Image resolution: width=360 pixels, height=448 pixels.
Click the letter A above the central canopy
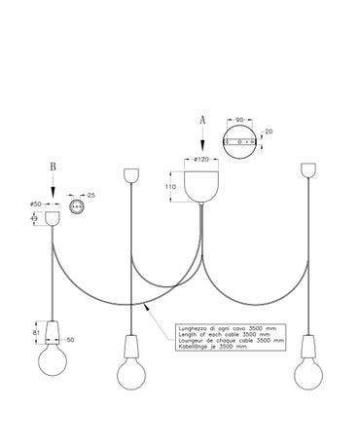tap(202, 116)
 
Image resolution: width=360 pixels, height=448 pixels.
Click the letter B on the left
tap(54, 166)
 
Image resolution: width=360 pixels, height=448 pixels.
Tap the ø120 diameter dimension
tap(202, 158)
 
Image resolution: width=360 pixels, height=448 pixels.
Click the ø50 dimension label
tap(36, 204)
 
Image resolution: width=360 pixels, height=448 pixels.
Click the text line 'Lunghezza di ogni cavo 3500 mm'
tap(230, 327)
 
